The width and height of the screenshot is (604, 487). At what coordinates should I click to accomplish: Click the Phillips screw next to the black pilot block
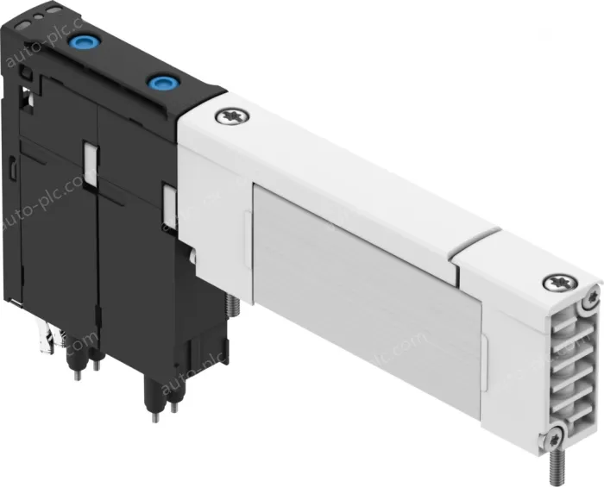[x=230, y=116]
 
